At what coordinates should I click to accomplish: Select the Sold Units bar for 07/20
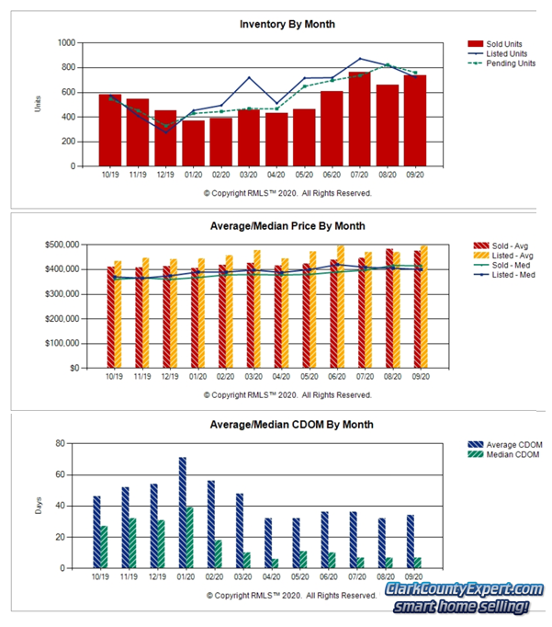click(359, 119)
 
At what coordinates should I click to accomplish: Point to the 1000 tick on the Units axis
click(65, 42)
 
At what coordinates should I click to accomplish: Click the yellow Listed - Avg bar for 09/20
click(422, 306)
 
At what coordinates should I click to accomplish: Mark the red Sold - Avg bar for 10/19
click(111, 317)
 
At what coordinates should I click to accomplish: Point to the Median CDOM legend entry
click(508, 454)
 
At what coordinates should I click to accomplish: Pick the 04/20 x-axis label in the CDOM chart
click(271, 580)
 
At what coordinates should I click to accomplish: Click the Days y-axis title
click(39, 506)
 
